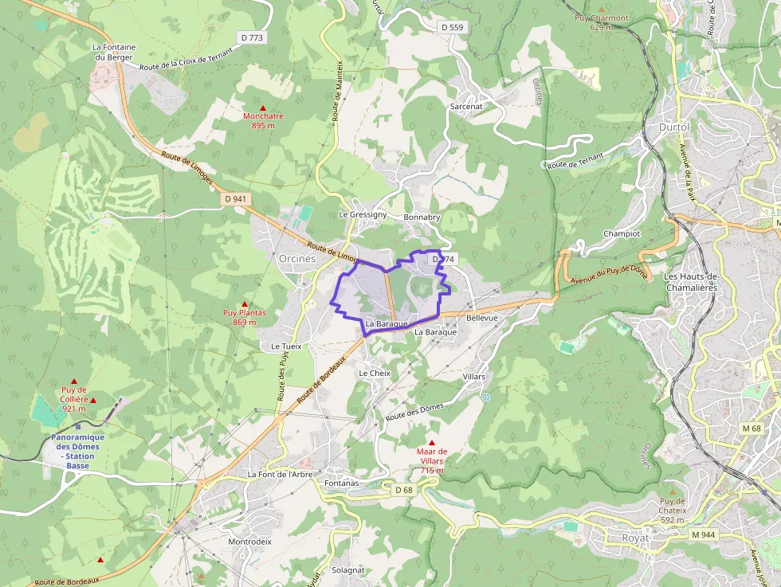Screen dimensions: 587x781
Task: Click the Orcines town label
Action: click(x=297, y=258)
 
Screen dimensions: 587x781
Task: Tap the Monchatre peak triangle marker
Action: click(x=263, y=108)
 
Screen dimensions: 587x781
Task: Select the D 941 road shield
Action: click(x=237, y=198)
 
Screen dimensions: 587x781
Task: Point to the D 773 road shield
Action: click(x=252, y=37)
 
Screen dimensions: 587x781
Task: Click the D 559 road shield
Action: click(x=452, y=27)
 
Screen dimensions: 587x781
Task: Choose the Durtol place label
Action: click(x=674, y=127)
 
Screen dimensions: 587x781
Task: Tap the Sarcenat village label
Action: click(x=466, y=106)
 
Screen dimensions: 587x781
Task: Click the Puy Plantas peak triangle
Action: click(x=244, y=304)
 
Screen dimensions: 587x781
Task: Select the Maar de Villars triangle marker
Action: click(x=432, y=443)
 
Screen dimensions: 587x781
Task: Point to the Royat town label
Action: click(x=635, y=538)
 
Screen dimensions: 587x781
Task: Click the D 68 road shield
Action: click(x=404, y=490)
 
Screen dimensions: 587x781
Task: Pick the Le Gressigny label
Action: click(x=363, y=214)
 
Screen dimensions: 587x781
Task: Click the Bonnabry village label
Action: click(x=422, y=217)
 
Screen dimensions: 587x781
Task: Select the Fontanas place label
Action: click(x=343, y=483)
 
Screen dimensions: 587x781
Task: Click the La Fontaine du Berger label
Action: click(x=114, y=52)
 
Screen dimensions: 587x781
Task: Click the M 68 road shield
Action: click(x=752, y=429)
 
